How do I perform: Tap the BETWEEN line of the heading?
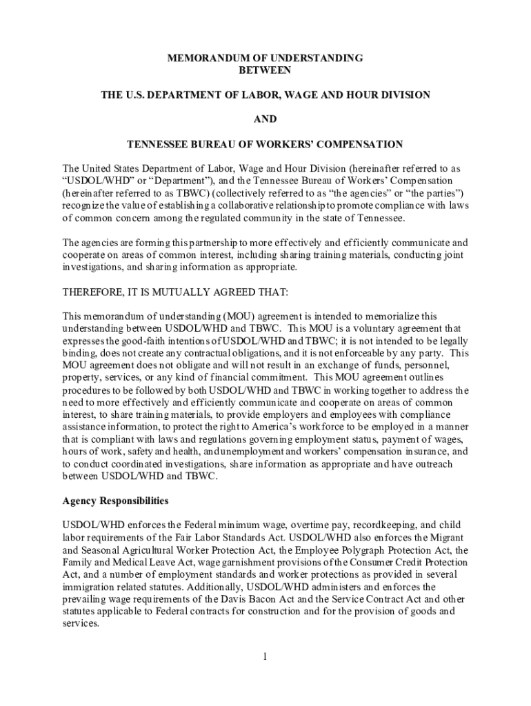click(x=265, y=70)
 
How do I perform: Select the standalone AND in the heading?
click(x=265, y=119)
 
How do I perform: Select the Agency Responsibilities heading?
click(x=116, y=501)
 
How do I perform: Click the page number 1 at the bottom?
click(x=265, y=655)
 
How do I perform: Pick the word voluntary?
click(x=379, y=328)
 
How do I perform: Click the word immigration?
click(x=92, y=587)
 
